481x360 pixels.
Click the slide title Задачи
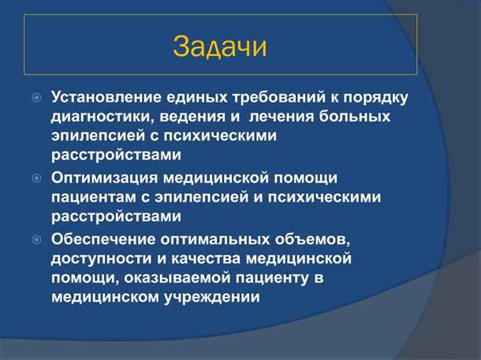point(219,46)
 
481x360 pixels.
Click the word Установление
point(107,98)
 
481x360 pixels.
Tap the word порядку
point(375,98)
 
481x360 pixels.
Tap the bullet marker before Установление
point(36,98)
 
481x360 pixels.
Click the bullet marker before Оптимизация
point(36,179)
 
